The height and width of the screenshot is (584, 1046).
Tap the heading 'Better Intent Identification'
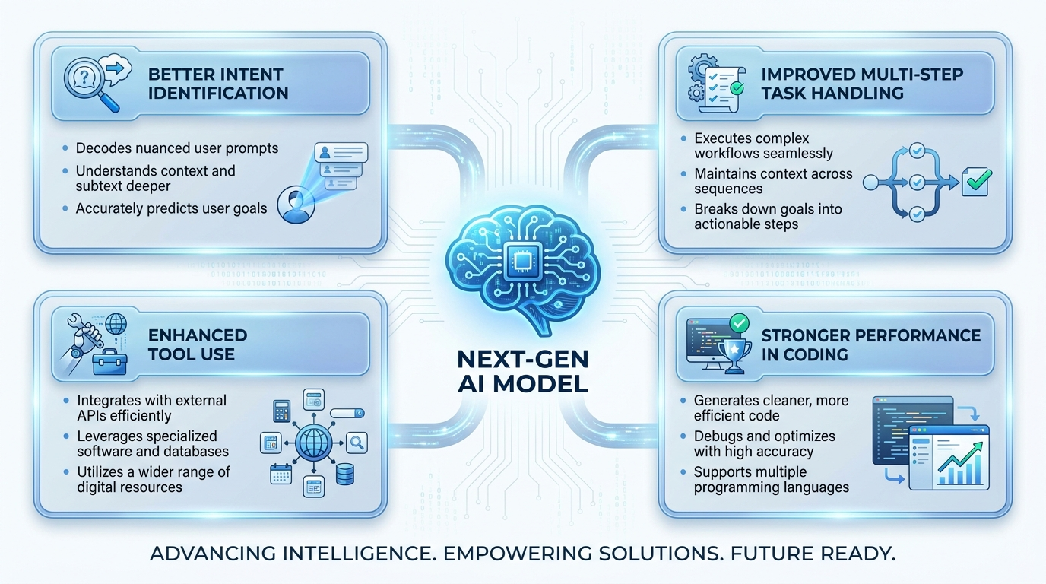pos(218,84)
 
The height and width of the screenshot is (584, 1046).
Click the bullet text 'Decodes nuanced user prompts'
pos(177,148)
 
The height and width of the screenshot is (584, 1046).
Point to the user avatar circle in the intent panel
pos(296,205)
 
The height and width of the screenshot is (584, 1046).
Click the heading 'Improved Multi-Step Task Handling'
pos(862,84)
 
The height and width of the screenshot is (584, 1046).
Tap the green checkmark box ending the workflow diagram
pos(976,182)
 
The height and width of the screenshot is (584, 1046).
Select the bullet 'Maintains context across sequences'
pos(773,181)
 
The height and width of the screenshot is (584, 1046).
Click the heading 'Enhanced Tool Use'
pos(198,344)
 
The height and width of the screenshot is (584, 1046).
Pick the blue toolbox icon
pos(109,362)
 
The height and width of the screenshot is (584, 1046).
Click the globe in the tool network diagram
pos(313,443)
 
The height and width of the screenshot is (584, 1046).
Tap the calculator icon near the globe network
pos(281,411)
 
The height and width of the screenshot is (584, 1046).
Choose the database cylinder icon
pos(345,474)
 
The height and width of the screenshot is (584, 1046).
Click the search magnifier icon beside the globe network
pos(357,443)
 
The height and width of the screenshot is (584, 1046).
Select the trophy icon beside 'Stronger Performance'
pos(734,356)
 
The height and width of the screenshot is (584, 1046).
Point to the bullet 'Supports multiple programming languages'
pos(772,479)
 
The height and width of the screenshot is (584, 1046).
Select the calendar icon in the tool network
pos(281,474)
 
